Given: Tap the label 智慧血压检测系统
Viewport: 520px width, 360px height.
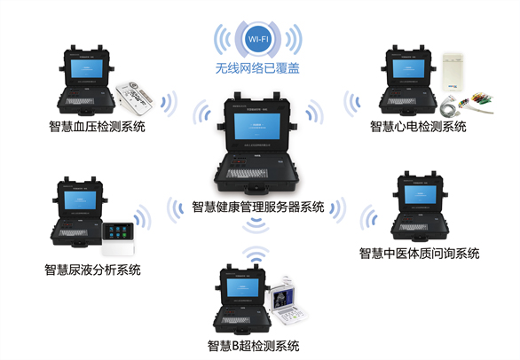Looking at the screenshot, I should coord(97,127).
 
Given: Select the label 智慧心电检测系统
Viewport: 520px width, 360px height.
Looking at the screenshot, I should coord(418,127).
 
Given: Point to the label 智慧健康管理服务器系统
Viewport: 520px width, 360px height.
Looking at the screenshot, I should coord(259,208).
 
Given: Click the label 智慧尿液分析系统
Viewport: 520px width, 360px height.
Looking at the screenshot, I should coord(93,270).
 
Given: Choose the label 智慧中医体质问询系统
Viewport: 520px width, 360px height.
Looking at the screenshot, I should coord(420,254).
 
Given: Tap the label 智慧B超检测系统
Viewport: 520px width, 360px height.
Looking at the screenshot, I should coord(254,346).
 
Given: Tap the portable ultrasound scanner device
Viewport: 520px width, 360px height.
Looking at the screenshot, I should coord(289,300).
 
